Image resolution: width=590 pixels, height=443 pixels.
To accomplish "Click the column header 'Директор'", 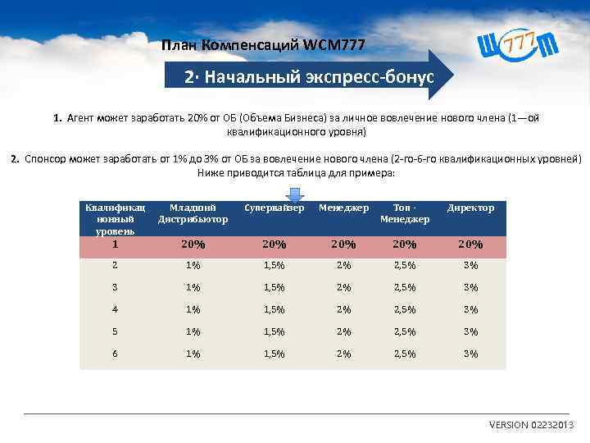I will (470, 208).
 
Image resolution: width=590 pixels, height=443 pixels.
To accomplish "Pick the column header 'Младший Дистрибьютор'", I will (193, 213).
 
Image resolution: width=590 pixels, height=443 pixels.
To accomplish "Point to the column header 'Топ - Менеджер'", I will (405, 213).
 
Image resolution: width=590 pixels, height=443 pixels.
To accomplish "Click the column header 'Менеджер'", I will (343, 208).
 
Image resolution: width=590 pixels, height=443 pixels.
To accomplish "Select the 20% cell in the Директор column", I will (470, 244).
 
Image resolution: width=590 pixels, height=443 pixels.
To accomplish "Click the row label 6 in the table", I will (116, 354).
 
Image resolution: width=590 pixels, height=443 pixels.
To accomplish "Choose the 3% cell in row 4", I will (470, 310).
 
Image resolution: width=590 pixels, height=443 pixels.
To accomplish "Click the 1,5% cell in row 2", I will (274, 266).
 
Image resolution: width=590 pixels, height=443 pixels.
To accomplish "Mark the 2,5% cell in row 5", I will (405, 332).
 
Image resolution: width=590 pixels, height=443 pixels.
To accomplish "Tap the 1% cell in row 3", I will (193, 288).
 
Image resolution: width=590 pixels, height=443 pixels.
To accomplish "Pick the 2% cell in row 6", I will (343, 354).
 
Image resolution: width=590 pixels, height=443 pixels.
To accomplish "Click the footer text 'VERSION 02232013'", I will (532, 425).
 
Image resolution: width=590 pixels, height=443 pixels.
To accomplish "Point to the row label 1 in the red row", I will (116, 244).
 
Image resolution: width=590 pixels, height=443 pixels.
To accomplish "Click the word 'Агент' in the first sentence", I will (83, 118).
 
